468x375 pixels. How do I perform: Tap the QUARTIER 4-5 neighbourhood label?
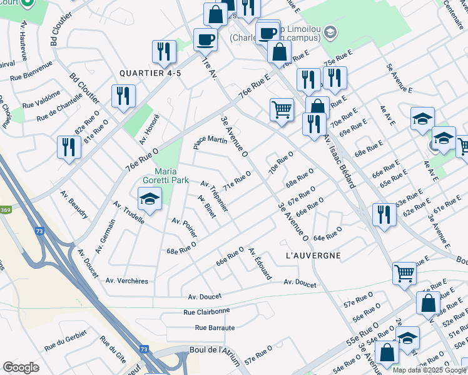(151, 73)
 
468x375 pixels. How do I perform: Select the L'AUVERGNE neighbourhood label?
(313, 256)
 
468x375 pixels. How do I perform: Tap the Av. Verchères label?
(127, 281)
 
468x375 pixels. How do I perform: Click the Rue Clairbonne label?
(206, 311)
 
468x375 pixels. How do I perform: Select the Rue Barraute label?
(215, 327)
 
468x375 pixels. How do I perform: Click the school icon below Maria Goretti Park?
(150, 198)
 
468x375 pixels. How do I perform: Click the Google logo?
(21, 367)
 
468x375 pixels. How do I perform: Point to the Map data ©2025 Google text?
(429, 370)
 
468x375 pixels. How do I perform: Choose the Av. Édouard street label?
(260, 264)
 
